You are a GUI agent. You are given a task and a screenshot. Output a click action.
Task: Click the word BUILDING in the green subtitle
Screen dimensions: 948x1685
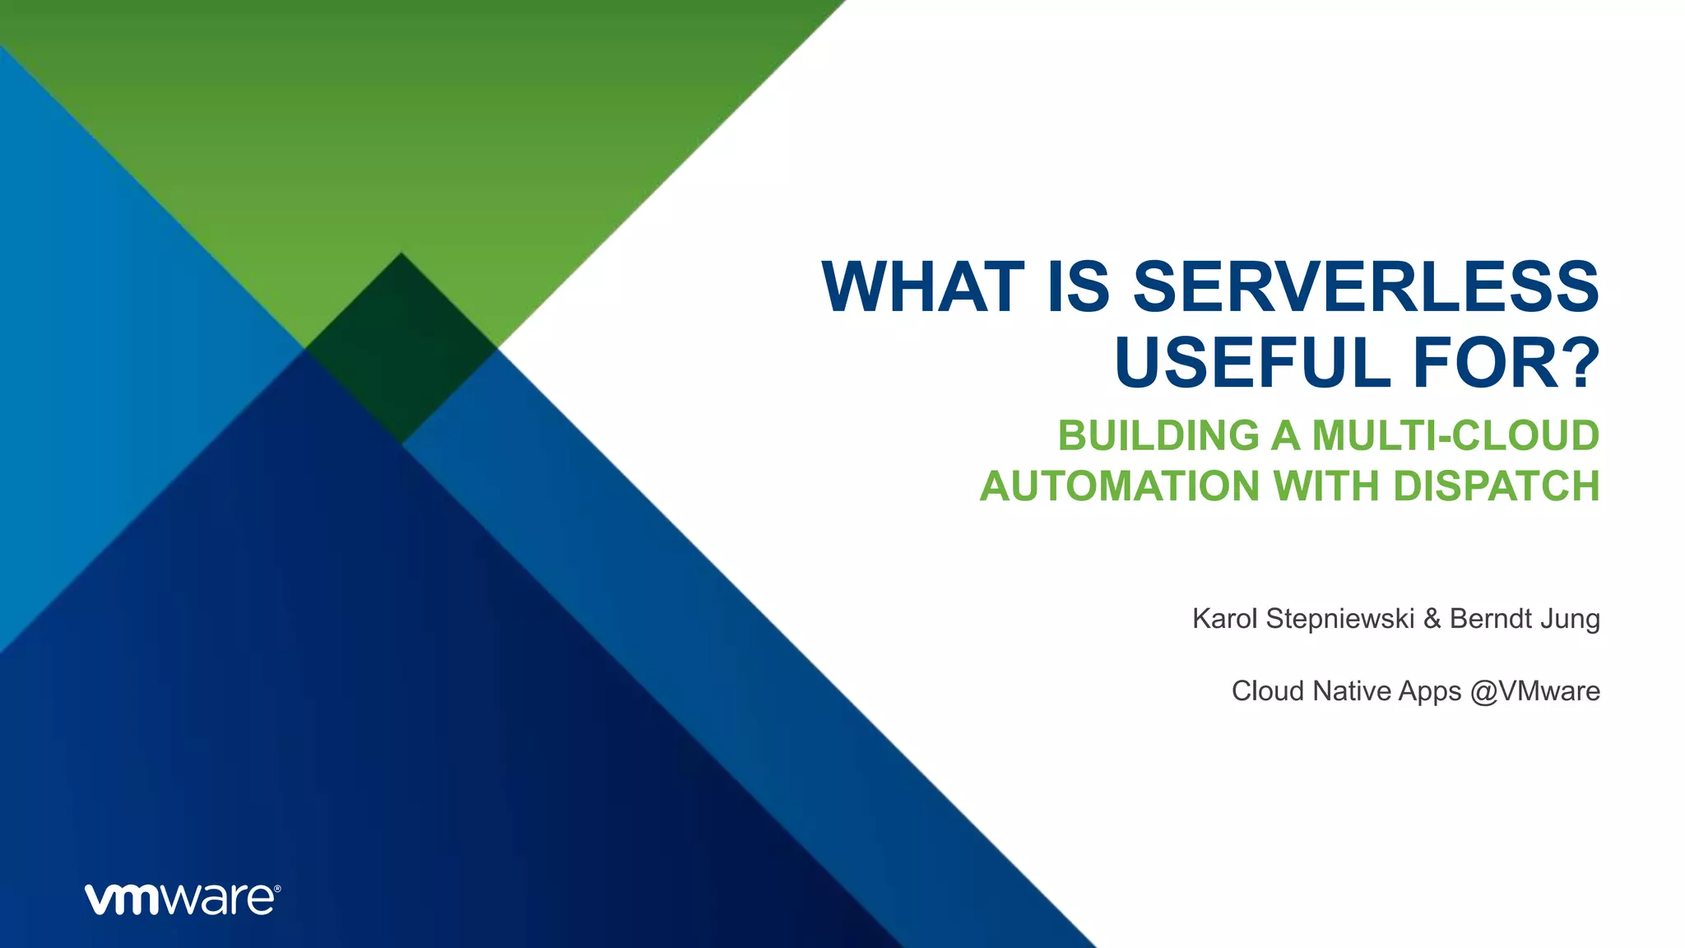[1158, 435]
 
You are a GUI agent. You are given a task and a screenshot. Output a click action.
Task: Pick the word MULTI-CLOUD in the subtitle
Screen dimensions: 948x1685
[1455, 435]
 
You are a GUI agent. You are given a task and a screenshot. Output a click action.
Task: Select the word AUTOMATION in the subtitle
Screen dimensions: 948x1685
[1120, 486]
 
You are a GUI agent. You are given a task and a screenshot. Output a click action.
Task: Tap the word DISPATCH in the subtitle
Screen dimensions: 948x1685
[1496, 486]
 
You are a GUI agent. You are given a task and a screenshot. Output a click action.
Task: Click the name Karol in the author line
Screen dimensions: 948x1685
[1225, 618]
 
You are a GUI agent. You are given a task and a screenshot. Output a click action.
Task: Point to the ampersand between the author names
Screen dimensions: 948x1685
[1432, 618]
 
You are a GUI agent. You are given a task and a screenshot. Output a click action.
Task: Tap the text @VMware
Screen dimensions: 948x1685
[1535, 690]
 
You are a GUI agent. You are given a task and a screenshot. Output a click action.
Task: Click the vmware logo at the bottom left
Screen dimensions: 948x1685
[182, 899]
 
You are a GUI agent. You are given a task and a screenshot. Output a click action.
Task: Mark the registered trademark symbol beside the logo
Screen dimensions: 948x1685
[277, 889]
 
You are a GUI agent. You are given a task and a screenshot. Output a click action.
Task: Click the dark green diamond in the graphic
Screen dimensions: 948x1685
[401, 348]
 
